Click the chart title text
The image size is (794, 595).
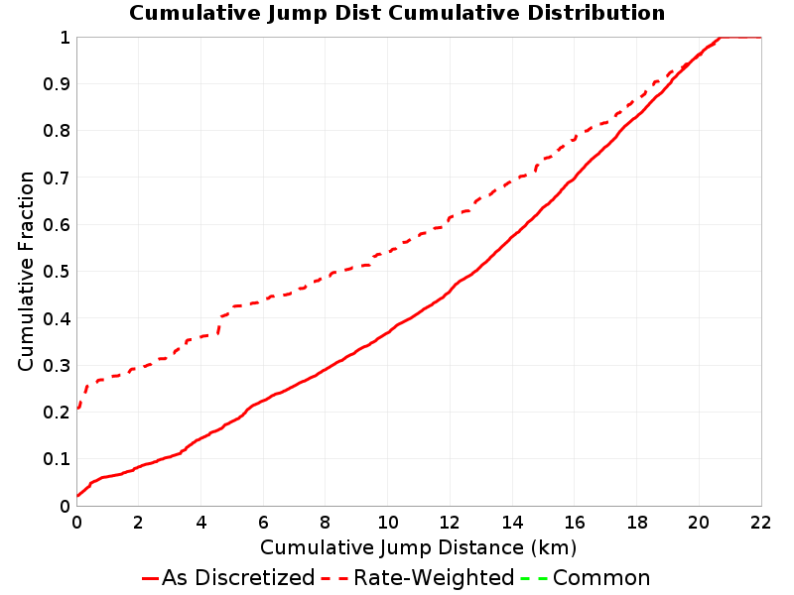pos(397,13)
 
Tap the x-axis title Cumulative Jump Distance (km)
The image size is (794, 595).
pos(418,548)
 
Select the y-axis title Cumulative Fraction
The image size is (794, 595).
pos(26,271)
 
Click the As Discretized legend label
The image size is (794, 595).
pos(238,577)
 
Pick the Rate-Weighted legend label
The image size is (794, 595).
pos(434,577)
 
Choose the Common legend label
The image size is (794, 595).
pos(601,577)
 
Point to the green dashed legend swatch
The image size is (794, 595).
pos(534,578)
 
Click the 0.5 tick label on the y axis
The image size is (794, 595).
pos(57,272)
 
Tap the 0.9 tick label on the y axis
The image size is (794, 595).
pos(57,84)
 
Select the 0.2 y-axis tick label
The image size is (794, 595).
pos(57,413)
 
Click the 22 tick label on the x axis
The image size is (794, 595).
pos(760,523)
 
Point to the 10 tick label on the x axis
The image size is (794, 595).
pos(387,523)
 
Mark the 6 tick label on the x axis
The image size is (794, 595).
pos(263,523)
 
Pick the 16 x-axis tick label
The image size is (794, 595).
pos(575,523)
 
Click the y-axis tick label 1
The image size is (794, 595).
pos(65,38)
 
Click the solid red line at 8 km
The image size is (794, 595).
pos(326,369)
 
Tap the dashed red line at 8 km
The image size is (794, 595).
pos(326,277)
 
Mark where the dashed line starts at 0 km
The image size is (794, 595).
pos(77,408)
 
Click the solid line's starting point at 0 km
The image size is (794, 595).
pos(77,496)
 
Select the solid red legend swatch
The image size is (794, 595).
pos(151,578)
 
